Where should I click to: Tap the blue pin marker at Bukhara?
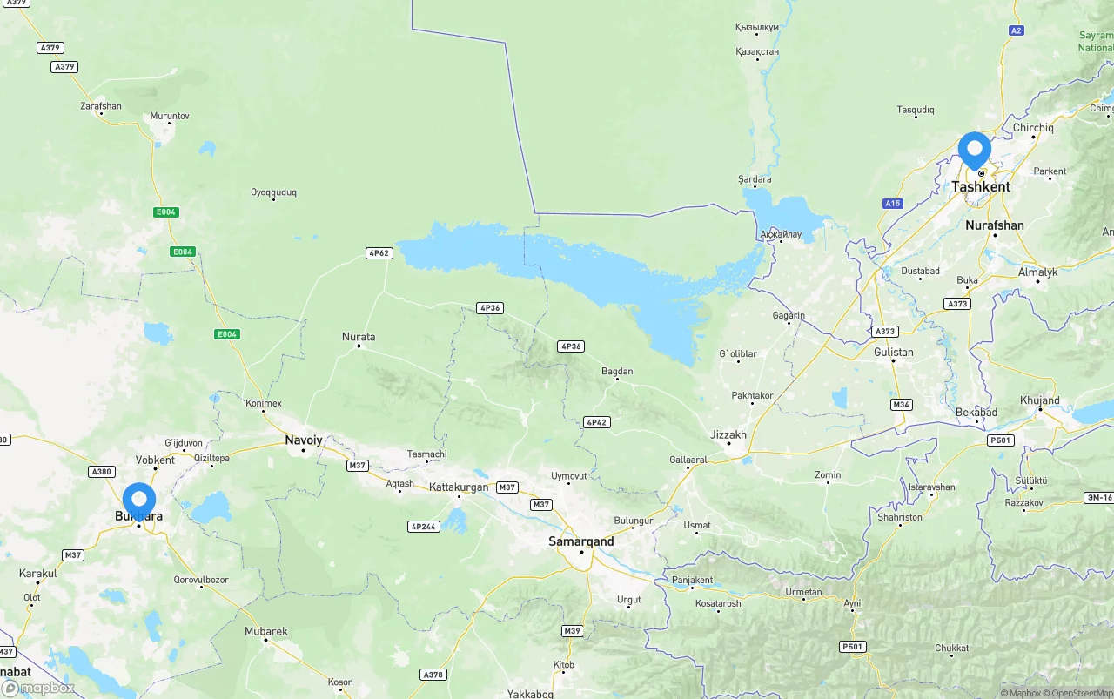coord(139,501)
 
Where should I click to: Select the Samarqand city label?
coord(580,541)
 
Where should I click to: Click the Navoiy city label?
coord(304,440)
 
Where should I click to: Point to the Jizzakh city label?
coord(728,434)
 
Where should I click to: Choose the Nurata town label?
coord(359,337)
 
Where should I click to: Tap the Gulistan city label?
coord(894,353)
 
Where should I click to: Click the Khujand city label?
coord(1040,401)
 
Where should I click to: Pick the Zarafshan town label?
coord(101,106)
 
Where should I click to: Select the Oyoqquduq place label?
coord(273,192)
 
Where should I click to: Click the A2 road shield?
coord(1016,30)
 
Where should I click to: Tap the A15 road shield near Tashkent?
coord(892,204)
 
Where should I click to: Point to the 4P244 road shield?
coord(423,527)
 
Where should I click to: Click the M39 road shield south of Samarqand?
coord(572,631)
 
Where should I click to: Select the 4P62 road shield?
coord(379,253)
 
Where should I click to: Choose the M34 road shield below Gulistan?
coord(901,405)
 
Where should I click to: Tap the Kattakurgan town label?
coord(459,487)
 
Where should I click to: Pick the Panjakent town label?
coord(692,581)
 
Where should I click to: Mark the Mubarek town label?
coord(265,632)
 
